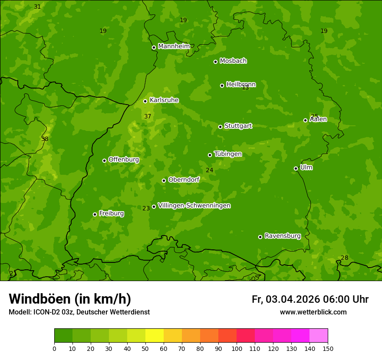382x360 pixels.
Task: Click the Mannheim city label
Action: point(174,46)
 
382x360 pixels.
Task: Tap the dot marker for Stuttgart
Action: point(220,127)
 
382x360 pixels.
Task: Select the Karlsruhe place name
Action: point(164,100)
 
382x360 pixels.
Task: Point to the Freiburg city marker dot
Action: point(95,214)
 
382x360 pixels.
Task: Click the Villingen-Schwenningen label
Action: point(194,206)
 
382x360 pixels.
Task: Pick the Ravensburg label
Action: point(283,236)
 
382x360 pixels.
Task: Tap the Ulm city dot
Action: point(296,168)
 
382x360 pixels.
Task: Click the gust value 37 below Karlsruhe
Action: point(148,116)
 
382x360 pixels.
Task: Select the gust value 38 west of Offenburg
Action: point(45,139)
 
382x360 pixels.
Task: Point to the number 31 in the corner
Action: point(37,7)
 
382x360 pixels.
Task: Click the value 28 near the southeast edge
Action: point(344,258)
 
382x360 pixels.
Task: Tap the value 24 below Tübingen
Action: point(209,170)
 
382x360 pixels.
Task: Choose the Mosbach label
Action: point(233,61)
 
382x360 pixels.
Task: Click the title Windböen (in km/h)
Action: point(70,299)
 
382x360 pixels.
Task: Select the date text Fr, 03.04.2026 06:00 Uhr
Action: point(310,299)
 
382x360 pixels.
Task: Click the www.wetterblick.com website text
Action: point(313,312)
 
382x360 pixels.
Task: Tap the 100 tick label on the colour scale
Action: point(237,348)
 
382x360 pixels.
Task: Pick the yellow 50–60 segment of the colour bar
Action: point(155,336)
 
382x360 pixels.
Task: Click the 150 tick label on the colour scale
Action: point(328,348)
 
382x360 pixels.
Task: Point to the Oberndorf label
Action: point(184,180)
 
